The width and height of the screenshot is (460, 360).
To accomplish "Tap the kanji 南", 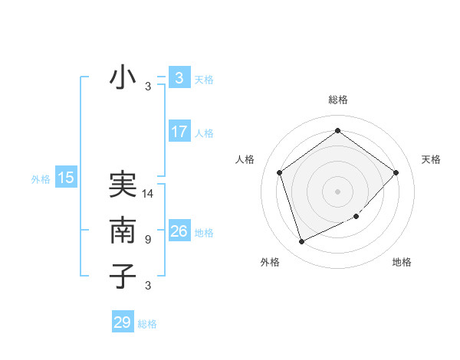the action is [x=123, y=231].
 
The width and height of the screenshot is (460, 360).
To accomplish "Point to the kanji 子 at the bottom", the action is [x=123, y=276].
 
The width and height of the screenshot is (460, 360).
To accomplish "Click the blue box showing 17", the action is [x=179, y=132].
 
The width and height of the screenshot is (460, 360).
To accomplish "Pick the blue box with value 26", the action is [x=179, y=231].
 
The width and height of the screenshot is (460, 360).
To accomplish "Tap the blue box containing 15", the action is [x=66, y=178].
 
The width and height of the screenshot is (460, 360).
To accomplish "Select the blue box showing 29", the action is [x=123, y=322].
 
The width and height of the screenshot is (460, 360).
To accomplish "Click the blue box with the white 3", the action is [x=179, y=77].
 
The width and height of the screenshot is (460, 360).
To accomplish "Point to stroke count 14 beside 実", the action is [x=149, y=194].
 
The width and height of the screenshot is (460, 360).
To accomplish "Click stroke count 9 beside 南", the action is [x=148, y=240].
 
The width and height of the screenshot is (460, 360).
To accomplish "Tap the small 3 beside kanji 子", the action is [x=148, y=286].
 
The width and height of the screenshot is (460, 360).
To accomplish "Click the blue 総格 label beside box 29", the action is [x=147, y=324].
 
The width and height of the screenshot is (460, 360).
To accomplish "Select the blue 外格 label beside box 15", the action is [x=41, y=179].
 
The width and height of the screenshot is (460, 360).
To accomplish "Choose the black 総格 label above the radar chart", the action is [x=337, y=100].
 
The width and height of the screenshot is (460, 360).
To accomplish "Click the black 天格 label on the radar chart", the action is [x=431, y=159].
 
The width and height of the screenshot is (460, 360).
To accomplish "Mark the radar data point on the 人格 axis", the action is [x=280, y=172].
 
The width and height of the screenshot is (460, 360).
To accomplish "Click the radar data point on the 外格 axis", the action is [x=301, y=242].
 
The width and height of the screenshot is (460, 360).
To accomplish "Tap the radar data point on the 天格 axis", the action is [x=396, y=172].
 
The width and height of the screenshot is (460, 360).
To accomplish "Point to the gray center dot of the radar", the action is [x=337, y=191].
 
